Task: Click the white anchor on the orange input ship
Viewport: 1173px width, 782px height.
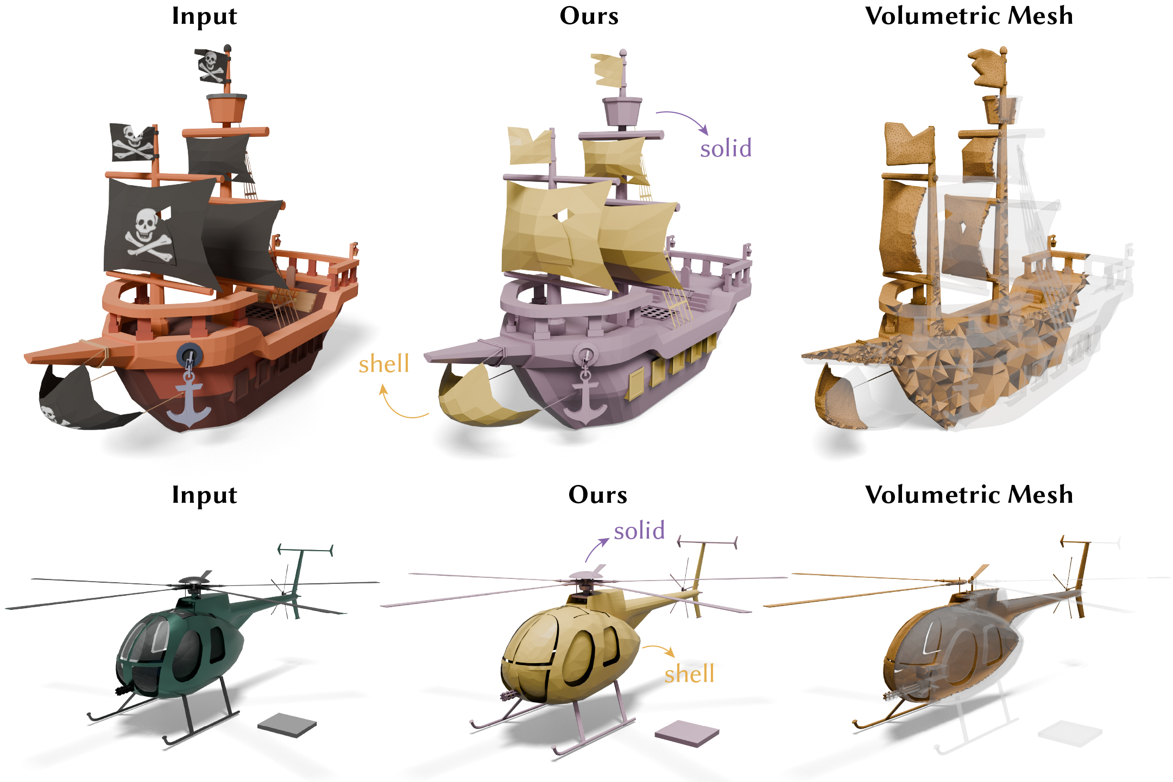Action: click(188, 402)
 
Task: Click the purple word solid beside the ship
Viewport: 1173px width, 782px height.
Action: click(726, 148)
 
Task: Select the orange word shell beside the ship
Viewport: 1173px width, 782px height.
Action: click(383, 364)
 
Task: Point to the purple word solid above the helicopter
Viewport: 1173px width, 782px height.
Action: click(639, 531)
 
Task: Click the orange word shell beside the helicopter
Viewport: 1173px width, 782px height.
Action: click(689, 674)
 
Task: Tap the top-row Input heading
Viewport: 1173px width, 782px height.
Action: click(204, 16)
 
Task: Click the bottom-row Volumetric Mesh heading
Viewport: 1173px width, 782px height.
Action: click(969, 495)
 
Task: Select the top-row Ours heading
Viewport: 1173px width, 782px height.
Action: click(589, 16)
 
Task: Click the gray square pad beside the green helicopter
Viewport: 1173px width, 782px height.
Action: click(287, 725)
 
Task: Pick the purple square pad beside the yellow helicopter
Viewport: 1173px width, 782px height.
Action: click(686, 733)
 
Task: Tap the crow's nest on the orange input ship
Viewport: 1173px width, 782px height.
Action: click(226, 108)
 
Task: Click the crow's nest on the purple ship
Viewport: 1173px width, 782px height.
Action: click(622, 110)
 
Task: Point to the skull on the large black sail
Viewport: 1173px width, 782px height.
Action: click(145, 225)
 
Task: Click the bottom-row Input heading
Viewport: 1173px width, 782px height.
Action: click(204, 495)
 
